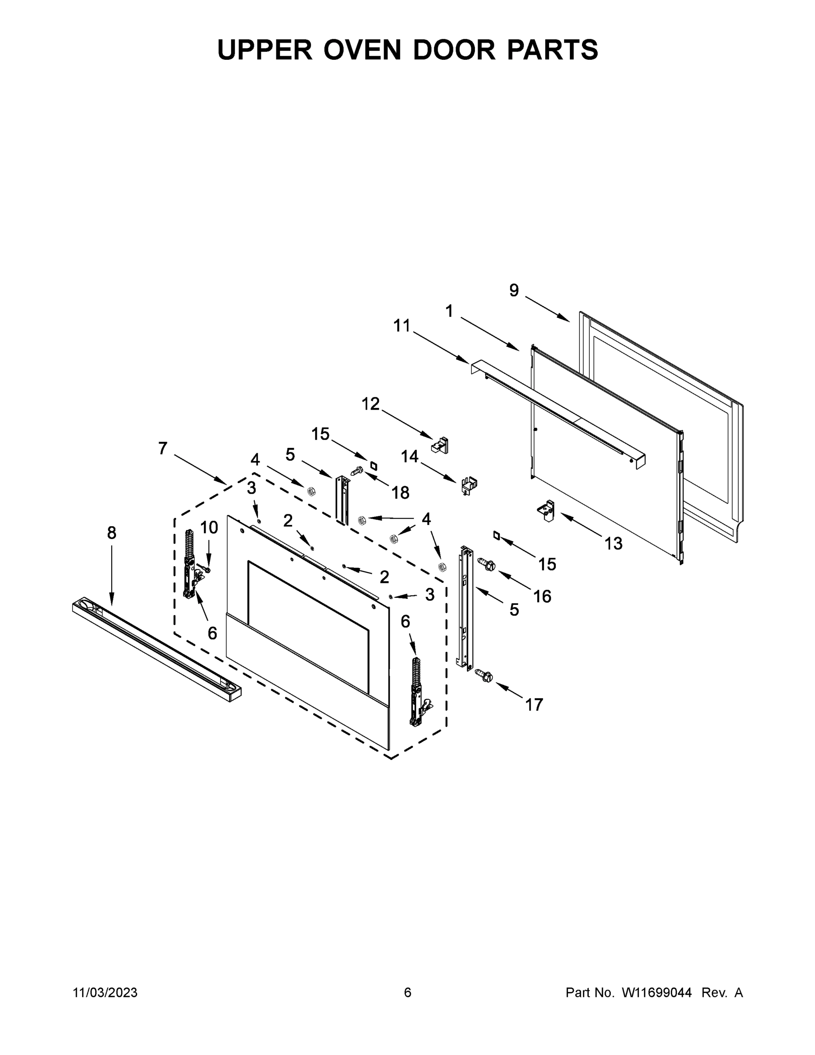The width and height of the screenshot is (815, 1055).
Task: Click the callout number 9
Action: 514,290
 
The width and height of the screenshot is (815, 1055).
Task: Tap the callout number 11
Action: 401,326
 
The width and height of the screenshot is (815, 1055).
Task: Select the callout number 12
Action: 370,404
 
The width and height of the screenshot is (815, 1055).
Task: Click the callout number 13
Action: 613,543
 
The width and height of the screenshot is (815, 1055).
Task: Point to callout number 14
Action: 409,456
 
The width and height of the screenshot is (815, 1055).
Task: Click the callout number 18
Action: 400,493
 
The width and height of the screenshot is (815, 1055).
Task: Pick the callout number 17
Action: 534,705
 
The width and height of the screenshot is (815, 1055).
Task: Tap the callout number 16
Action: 542,597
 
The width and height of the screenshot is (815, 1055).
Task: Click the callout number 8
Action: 112,533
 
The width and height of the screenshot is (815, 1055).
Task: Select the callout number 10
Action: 209,527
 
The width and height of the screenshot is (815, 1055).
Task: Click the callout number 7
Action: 163,448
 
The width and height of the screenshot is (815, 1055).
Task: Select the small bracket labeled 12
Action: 440,444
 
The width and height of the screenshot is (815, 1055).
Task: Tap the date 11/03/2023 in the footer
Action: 105,993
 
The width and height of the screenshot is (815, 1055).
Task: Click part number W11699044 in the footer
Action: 657,993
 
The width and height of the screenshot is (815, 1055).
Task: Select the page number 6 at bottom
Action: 408,993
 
